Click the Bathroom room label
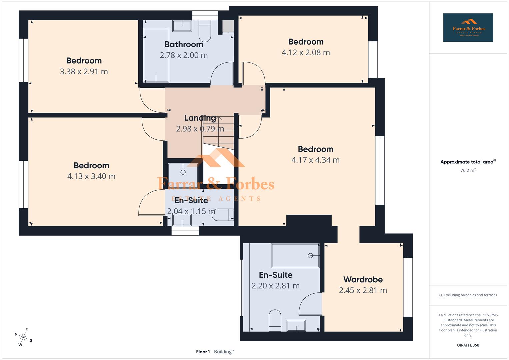coord(184,44)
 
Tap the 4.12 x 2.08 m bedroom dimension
coord(306,53)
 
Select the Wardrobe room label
coord(363,279)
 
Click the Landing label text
coord(200,118)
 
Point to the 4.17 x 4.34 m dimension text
coord(315,160)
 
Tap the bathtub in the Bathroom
coord(156,55)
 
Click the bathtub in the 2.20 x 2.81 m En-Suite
coord(295,256)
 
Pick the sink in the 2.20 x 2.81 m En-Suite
coord(296,326)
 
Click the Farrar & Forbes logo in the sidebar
coord(468,28)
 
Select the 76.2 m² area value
coord(468,170)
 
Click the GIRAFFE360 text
coord(468,345)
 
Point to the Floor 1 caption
coord(203,352)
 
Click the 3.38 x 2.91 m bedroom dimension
coord(84,72)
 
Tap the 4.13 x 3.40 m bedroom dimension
coord(91,176)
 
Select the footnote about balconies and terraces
coord(468,295)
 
